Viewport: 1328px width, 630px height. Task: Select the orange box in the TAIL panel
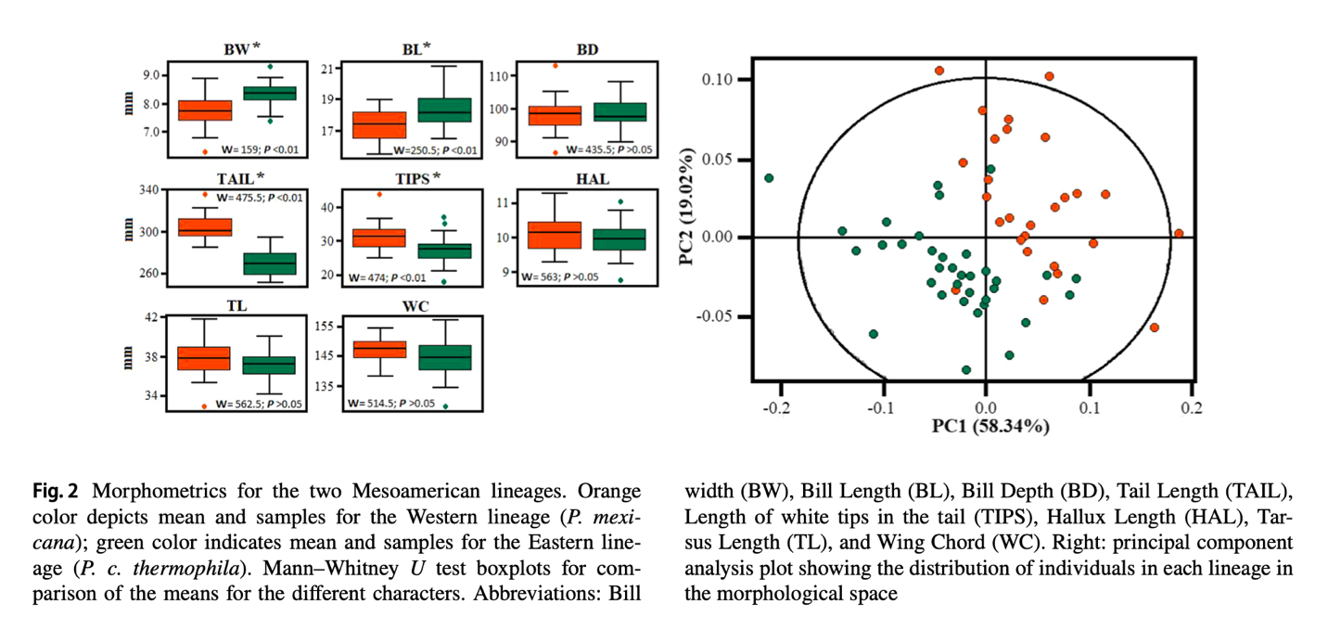click(204, 227)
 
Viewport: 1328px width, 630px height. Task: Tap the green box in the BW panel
click(270, 93)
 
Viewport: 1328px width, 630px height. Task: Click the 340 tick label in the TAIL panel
click(148, 190)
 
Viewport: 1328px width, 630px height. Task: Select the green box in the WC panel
click(445, 357)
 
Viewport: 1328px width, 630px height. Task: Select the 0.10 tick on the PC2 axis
click(720, 80)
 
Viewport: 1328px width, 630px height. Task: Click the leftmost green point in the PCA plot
click(769, 177)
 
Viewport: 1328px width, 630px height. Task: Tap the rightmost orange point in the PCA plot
click(1179, 234)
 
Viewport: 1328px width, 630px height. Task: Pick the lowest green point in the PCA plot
click(966, 369)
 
